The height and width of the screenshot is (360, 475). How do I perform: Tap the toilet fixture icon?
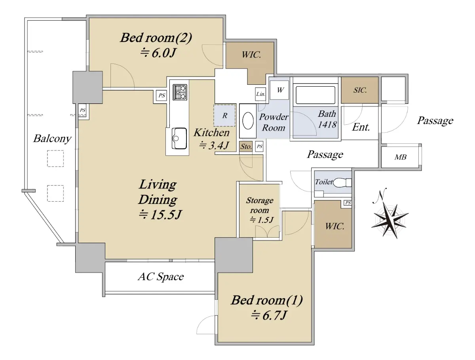pyautogui.click(x=342, y=183)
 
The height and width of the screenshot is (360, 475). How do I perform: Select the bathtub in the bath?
pyautogui.click(x=315, y=95)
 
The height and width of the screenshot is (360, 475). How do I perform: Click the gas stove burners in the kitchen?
pyautogui.click(x=180, y=92)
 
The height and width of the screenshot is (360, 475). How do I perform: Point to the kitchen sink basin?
pyautogui.click(x=179, y=138)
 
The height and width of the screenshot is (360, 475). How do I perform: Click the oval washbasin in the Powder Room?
pyautogui.click(x=248, y=120)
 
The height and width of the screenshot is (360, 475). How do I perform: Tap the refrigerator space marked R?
pyautogui.click(x=224, y=115)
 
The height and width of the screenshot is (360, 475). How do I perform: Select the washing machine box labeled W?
pyautogui.click(x=279, y=90)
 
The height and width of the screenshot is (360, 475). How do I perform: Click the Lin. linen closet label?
pyautogui.click(x=260, y=94)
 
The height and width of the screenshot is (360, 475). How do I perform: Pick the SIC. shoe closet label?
pyautogui.click(x=360, y=90)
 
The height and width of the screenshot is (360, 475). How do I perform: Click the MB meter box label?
pyautogui.click(x=400, y=157)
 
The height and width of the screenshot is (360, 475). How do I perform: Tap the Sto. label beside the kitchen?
pyautogui.click(x=246, y=147)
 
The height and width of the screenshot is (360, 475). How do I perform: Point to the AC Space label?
pyautogui.click(x=161, y=277)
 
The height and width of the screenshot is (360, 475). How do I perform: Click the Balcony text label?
pyautogui.click(x=52, y=138)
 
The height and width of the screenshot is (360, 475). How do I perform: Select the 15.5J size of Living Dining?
pyautogui.click(x=160, y=215)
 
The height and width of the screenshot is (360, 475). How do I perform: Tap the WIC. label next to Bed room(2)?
pyautogui.click(x=251, y=55)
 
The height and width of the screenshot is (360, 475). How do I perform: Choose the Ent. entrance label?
pyautogui.click(x=361, y=127)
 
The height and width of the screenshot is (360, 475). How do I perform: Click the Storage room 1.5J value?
pyautogui.click(x=261, y=220)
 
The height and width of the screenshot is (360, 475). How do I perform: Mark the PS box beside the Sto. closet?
pyautogui.click(x=259, y=147)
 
